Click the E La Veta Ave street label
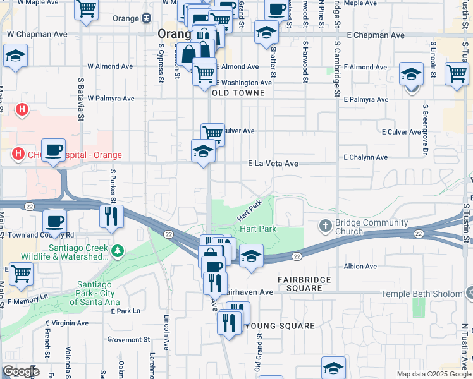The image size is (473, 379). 273,164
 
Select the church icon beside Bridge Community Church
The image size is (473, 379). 326,226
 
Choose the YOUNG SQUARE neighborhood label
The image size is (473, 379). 279,326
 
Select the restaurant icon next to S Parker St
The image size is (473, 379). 111,215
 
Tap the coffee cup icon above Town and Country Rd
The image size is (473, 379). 55,220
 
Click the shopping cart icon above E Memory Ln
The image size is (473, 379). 21,273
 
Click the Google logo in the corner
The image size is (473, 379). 21,371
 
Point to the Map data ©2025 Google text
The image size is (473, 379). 434,374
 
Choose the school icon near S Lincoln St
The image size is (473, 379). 411,74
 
